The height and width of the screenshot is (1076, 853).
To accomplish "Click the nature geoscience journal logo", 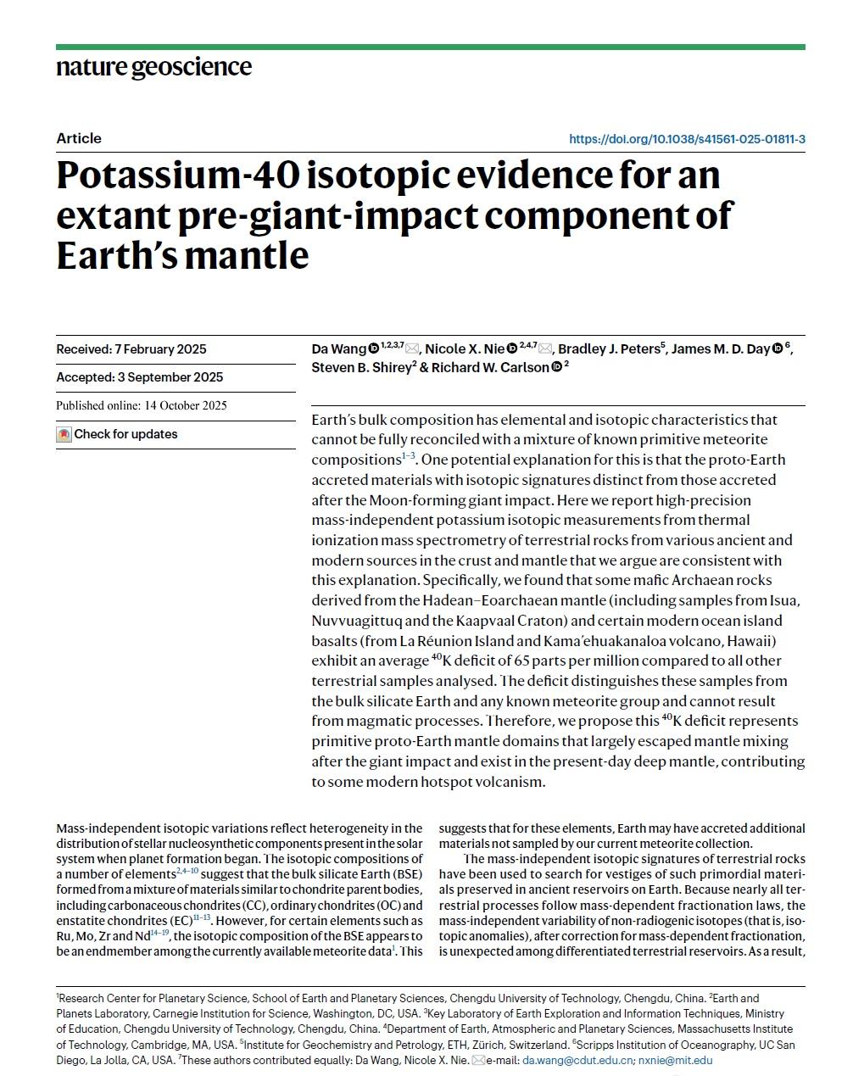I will click(x=153, y=67).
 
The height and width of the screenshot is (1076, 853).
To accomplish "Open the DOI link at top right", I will click(x=687, y=139).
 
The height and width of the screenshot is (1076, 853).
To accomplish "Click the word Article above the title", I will click(x=79, y=138).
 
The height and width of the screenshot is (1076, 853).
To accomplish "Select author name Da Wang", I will click(x=339, y=349).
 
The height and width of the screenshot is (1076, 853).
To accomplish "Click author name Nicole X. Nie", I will click(x=465, y=349).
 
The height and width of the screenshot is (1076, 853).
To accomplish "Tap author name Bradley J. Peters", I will click(x=610, y=349).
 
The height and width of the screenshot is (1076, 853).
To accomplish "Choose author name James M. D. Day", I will click(x=720, y=349).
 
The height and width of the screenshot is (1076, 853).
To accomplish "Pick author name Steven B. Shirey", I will click(x=360, y=368).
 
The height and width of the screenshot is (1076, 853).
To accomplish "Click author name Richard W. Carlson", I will click(x=489, y=368).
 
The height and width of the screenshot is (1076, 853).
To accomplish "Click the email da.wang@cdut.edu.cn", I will click(x=577, y=1060).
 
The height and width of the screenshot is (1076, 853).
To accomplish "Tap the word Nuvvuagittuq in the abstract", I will click(x=358, y=621).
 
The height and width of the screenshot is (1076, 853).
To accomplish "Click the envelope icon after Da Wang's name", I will click(x=412, y=349).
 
